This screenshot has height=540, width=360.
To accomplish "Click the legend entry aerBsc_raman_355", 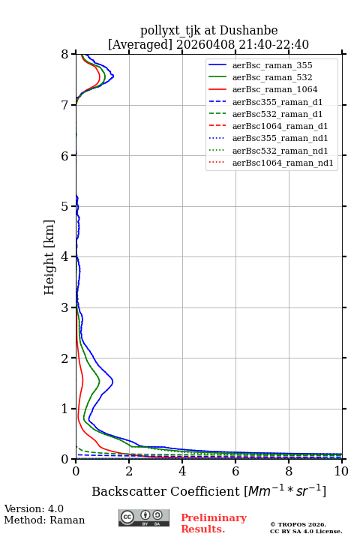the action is pyautogui.click(x=272, y=65).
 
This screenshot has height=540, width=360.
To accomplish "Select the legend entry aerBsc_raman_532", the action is pyautogui.click(x=272, y=77).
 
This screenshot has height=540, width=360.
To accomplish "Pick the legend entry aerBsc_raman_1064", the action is pyautogui.click(x=275, y=89).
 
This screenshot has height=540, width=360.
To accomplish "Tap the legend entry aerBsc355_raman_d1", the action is pyautogui.click(x=277, y=102).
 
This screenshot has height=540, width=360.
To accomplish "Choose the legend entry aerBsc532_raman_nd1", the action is pyautogui.click(x=280, y=151).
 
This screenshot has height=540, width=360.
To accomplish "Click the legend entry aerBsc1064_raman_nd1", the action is pyautogui.click(x=283, y=163).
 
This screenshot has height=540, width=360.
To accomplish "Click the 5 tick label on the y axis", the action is pyautogui.click(x=65, y=206).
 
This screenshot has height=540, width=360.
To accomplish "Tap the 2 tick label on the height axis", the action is pyautogui.click(x=65, y=358).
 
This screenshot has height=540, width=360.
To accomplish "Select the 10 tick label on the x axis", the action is pyautogui.click(x=341, y=471).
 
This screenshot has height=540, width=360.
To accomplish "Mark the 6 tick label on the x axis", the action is pyautogui.click(x=235, y=471).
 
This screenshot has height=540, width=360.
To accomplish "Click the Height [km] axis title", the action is pyautogui.click(x=49, y=257).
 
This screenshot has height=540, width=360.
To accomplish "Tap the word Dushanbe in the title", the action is pyautogui.click(x=248, y=31).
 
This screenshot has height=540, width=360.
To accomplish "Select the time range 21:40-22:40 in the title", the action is pyautogui.click(x=271, y=45).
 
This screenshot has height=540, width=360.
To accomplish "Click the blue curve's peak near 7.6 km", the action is pyautogui.click(x=113, y=76).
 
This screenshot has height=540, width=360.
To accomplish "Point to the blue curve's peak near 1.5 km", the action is pyautogui.click(x=112, y=381).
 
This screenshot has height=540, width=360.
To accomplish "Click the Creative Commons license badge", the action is pyautogui.click(x=144, y=518).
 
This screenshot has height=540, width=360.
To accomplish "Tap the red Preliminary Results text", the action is pyautogui.click(x=214, y=523).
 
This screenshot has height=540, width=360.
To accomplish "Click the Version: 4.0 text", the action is pyautogui.click(x=34, y=508).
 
